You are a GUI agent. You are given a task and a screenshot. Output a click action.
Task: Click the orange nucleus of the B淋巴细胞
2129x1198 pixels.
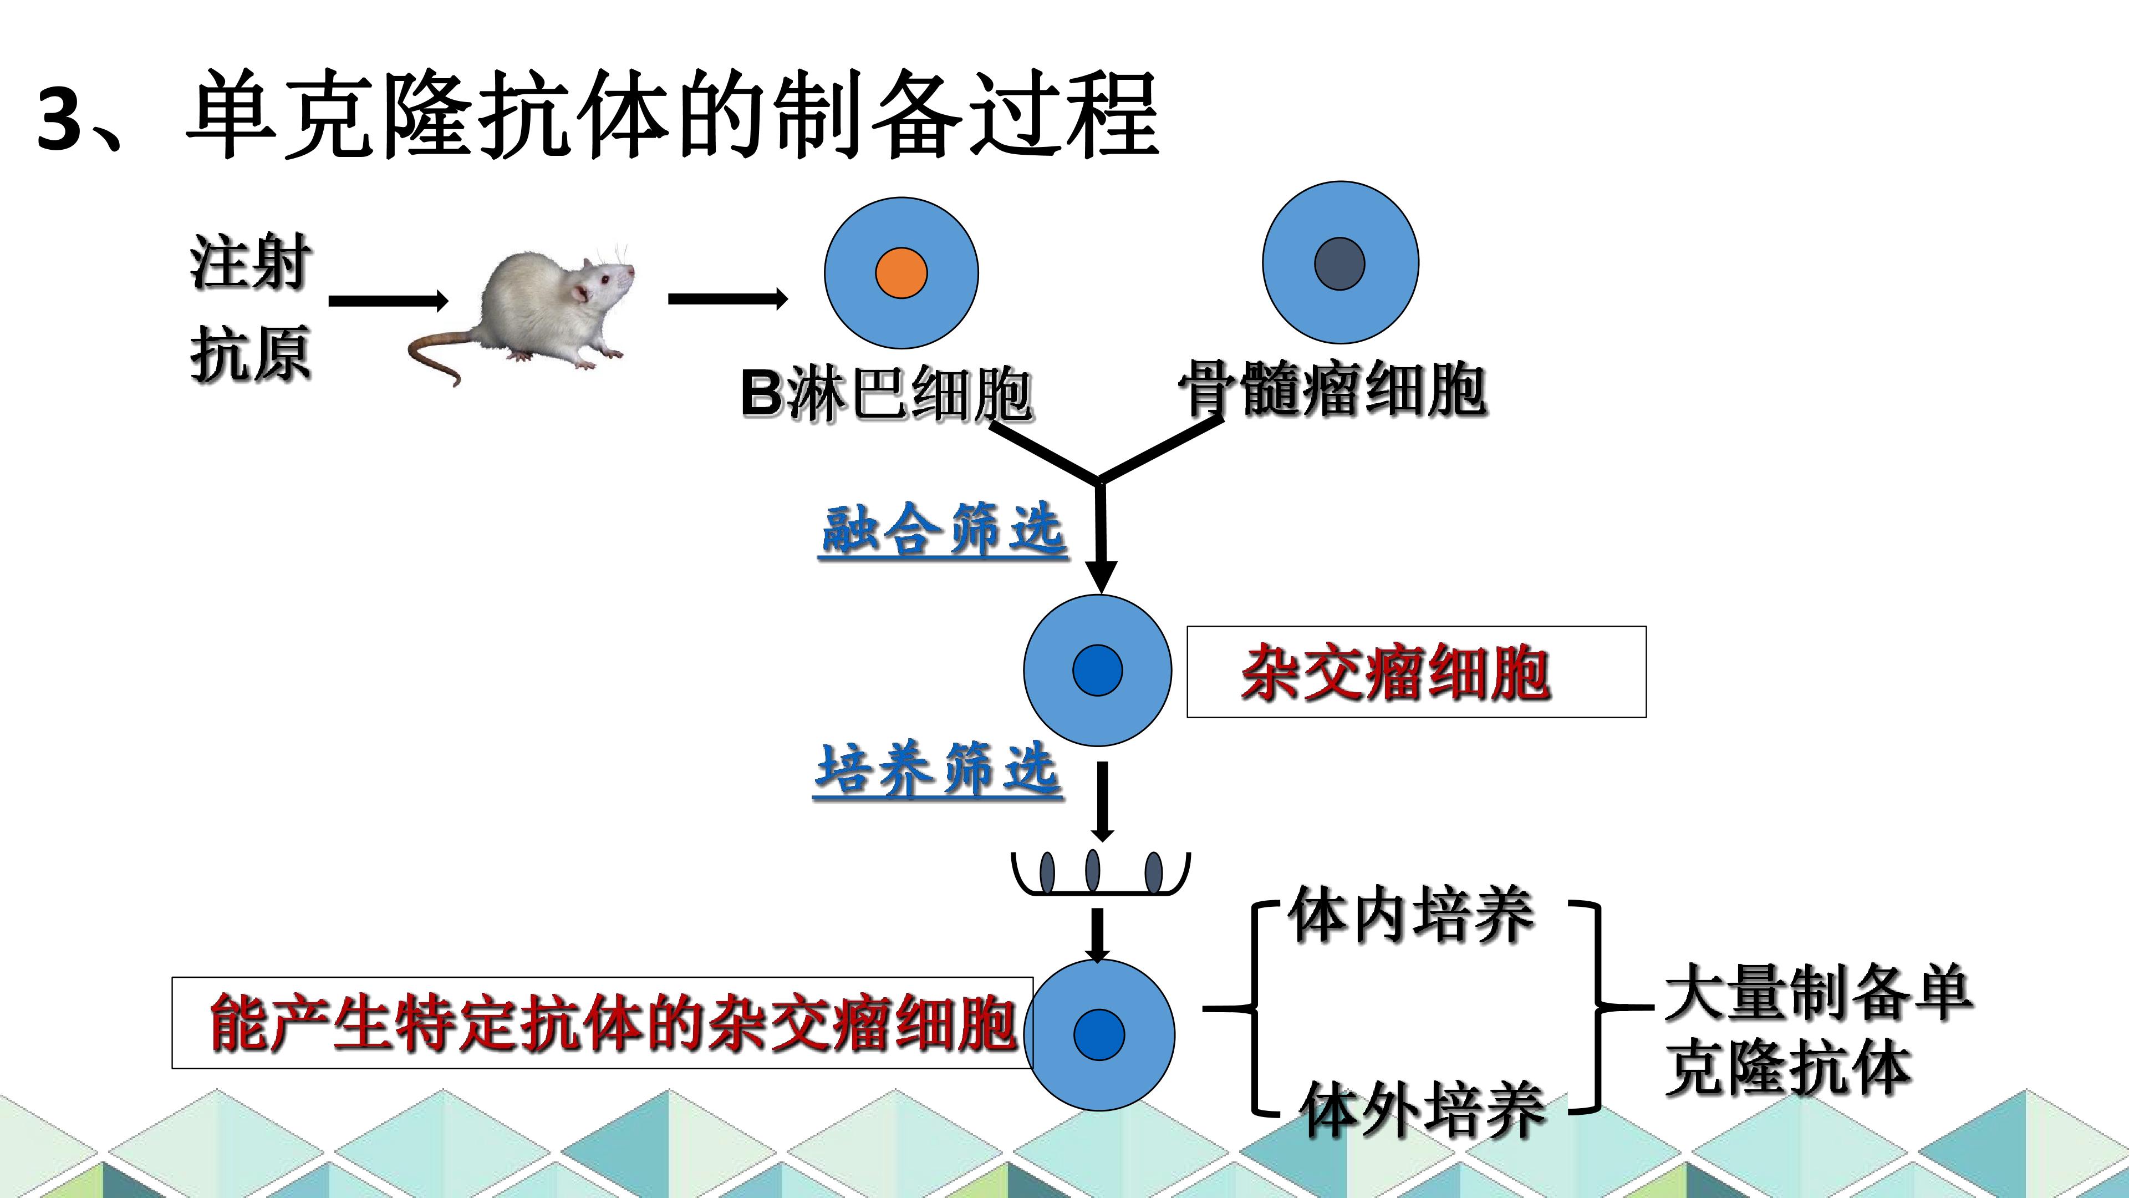[901, 273]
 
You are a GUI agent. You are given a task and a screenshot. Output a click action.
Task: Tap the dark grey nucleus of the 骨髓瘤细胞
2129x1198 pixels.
[1339, 264]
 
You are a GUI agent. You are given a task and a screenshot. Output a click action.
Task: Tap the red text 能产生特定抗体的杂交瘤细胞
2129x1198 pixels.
[613, 1023]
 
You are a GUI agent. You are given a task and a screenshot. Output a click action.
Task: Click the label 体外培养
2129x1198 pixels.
[1422, 1109]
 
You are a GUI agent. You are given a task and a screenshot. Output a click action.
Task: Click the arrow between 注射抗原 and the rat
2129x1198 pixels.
[389, 301]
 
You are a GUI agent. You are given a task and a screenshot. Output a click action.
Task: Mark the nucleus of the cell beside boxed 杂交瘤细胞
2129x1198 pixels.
[1098, 669]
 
